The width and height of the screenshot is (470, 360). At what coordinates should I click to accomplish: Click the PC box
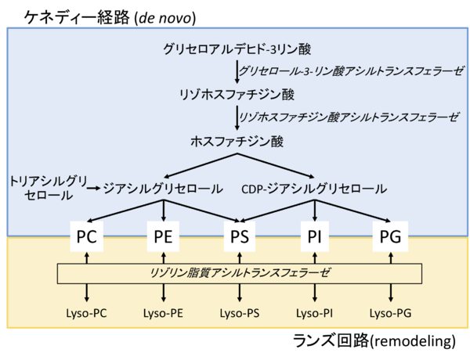(87, 235)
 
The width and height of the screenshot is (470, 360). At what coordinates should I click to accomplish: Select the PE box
(163, 235)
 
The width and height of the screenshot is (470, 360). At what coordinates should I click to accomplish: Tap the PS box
(239, 235)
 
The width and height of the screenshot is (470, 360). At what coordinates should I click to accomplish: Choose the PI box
(315, 235)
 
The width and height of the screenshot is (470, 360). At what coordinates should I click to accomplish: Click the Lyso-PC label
(87, 313)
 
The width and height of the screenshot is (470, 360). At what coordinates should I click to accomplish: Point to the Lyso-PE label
(163, 313)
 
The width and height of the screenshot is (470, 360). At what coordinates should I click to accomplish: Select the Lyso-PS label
(239, 313)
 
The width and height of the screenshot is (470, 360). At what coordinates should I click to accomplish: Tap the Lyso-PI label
(315, 313)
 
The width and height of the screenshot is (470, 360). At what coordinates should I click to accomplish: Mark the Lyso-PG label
(390, 313)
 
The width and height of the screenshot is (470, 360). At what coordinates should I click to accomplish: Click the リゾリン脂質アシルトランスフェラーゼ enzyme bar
(240, 272)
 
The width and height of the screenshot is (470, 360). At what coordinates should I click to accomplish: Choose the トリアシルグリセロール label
(44, 188)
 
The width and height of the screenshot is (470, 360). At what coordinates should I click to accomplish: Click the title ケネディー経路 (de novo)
(110, 15)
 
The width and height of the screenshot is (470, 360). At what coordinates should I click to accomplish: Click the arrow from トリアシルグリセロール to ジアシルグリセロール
(92, 189)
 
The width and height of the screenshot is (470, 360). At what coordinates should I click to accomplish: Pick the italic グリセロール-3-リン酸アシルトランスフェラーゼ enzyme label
(352, 71)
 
